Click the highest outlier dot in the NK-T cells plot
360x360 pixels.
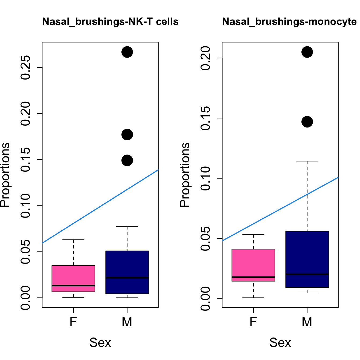tap(127, 52)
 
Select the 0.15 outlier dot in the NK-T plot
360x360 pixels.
tap(127, 160)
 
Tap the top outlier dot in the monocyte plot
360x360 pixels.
tap(307, 52)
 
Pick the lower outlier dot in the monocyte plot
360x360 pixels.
tap(307, 122)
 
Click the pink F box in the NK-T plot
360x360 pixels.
tap(73, 276)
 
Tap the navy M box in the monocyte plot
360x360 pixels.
tap(307, 254)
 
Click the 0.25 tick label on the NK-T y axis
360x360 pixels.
tap(26, 67)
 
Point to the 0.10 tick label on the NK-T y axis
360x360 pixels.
tap(26, 206)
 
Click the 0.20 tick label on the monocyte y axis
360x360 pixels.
tap(206, 58)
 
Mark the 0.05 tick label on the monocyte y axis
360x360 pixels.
tap(206, 239)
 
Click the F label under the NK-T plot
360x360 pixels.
tap(73, 322)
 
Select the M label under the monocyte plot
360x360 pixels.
tap(307, 322)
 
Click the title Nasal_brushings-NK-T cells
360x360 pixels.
tap(110, 22)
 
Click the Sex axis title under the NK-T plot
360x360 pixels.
tap(100, 343)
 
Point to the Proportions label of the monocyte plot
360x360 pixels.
tap(185, 175)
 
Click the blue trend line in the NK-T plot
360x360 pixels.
tap(100, 207)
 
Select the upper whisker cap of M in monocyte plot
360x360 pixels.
tap(307, 161)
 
